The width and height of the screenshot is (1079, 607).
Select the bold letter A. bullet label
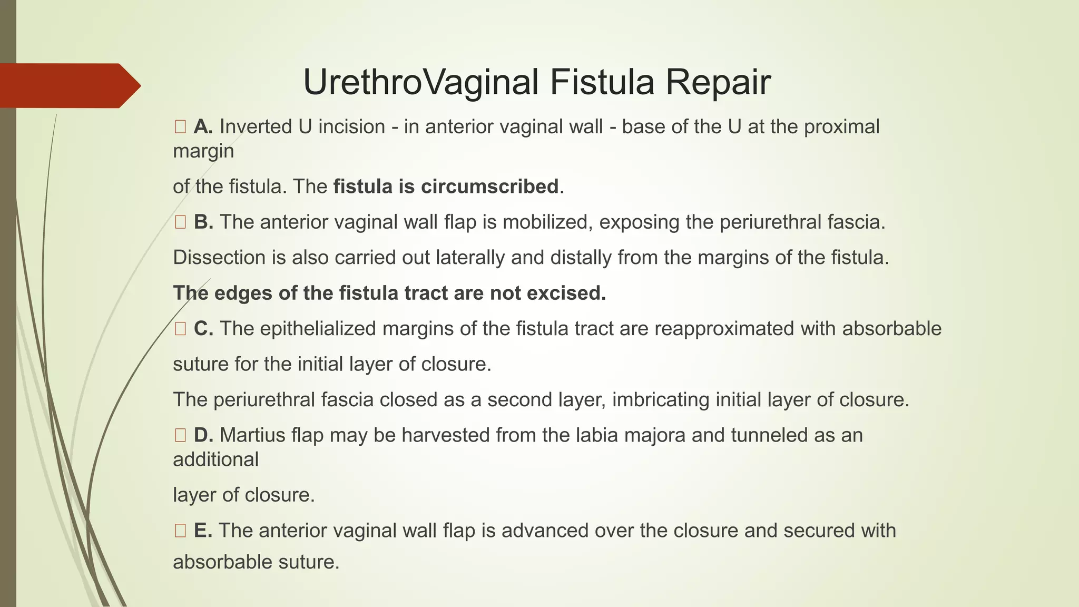(203, 127)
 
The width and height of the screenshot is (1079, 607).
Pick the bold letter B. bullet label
(203, 222)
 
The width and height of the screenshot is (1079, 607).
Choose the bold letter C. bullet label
(203, 329)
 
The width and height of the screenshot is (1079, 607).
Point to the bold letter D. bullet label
(203, 435)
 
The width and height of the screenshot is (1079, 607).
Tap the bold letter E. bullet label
(203, 531)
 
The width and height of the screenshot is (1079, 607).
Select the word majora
(659, 435)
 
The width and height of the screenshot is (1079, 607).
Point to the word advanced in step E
(545, 531)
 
